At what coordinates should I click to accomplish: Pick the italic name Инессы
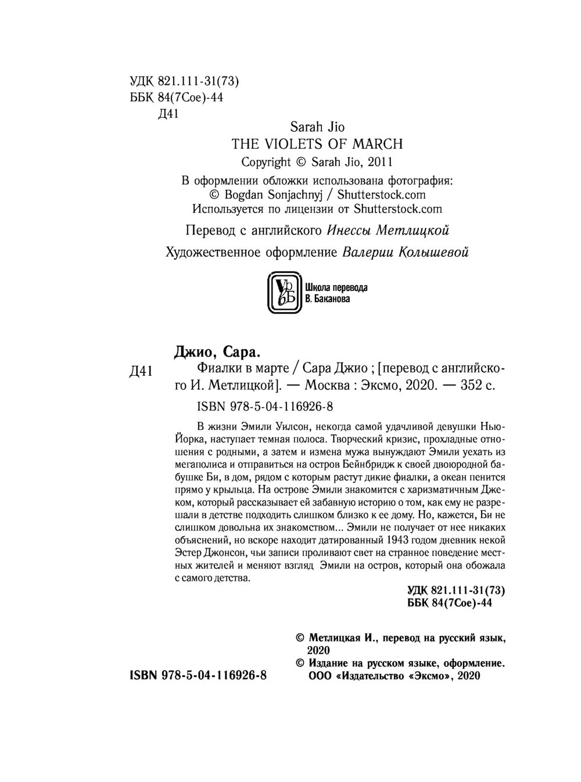[349, 231]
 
